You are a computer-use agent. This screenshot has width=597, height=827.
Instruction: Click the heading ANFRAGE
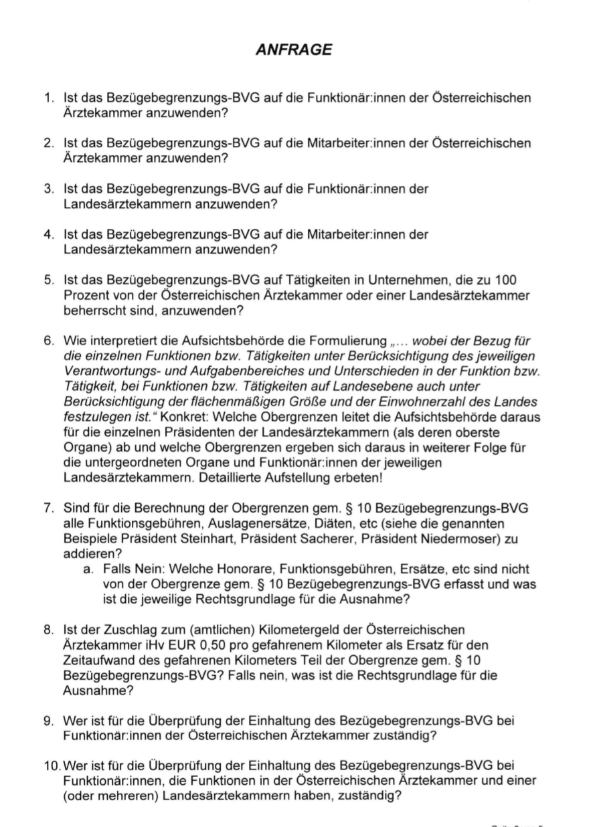(x=294, y=50)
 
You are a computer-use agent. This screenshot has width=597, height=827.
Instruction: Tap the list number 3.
(x=49, y=189)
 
